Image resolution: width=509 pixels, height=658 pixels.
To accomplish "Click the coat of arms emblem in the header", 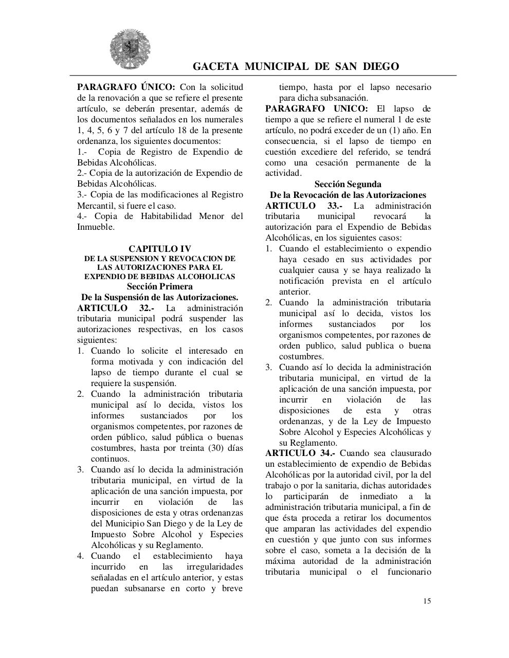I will pyautogui.click(x=123, y=49).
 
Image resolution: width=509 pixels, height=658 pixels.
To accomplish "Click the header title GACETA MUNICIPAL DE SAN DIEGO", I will pyautogui.click(x=296, y=66).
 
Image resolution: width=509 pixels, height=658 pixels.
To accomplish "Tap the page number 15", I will pyautogui.click(x=427, y=601).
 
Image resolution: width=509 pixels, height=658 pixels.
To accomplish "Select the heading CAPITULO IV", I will pyautogui.click(x=159, y=249).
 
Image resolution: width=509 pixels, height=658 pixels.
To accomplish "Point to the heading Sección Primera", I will pyautogui.click(x=159, y=286).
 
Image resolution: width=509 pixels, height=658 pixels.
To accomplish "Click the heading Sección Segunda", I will pyautogui.click(x=348, y=184).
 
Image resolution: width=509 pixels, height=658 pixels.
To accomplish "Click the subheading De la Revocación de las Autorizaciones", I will pyautogui.click(x=348, y=195).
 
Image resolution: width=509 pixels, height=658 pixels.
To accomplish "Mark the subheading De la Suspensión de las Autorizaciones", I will pyautogui.click(x=159, y=297).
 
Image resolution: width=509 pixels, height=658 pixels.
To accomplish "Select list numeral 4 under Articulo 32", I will pyautogui.click(x=80, y=556).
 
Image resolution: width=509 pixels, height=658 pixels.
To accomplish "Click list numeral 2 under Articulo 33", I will pyautogui.click(x=268, y=302).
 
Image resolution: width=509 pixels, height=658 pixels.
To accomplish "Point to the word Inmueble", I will pyautogui.click(x=96, y=227).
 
